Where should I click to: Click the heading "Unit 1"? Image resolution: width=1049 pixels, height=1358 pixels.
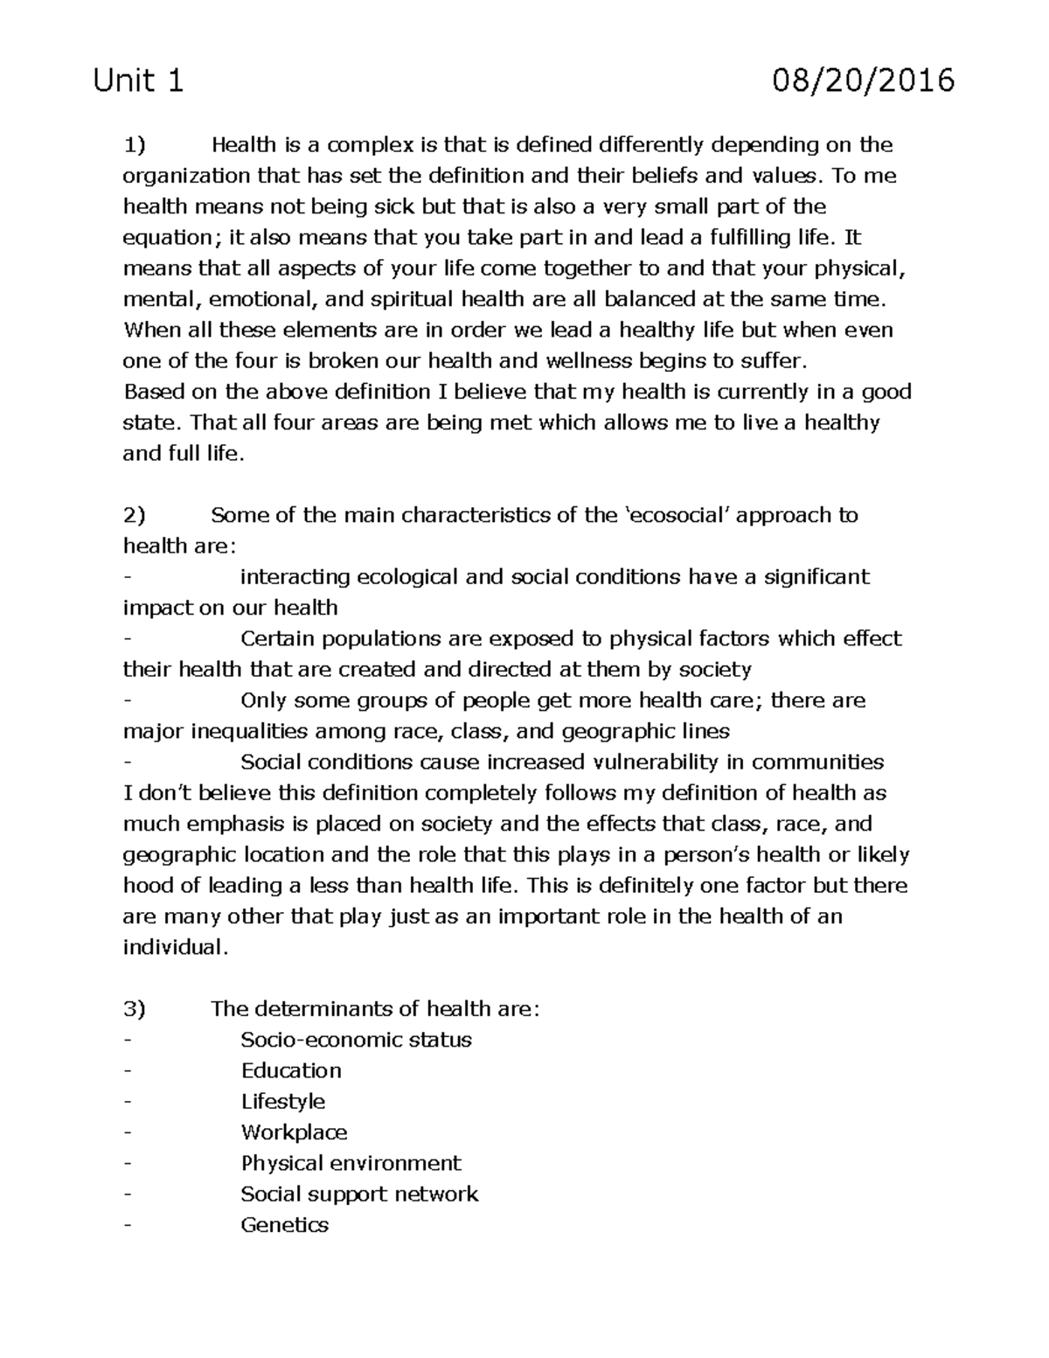(139, 81)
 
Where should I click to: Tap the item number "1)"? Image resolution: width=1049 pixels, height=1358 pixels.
(135, 144)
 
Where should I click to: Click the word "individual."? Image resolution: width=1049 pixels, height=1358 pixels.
(175, 947)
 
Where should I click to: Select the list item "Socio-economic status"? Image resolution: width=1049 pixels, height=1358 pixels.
(356, 1040)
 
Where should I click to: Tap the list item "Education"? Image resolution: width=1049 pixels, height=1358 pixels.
(291, 1070)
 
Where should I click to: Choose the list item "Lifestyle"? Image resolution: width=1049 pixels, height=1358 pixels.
(282, 1102)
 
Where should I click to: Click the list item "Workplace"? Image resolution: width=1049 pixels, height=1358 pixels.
(294, 1132)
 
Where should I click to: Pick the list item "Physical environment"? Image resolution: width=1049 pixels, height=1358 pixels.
(351, 1163)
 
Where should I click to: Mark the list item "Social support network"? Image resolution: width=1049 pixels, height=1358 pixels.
(359, 1194)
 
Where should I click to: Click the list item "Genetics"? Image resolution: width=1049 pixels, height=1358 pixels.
(284, 1225)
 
